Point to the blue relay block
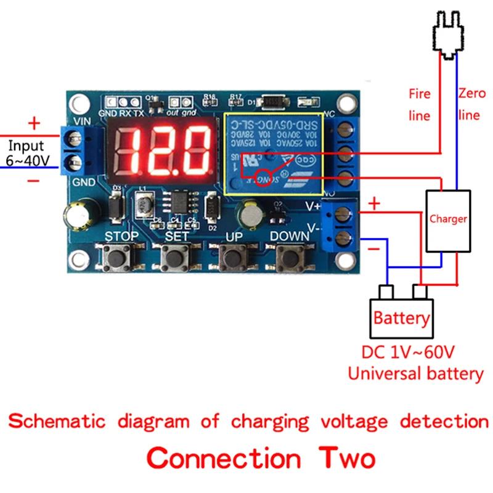point(273,150)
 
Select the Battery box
point(401,318)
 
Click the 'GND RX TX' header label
point(123,113)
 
